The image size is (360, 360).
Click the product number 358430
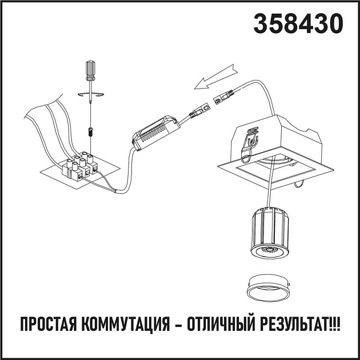pyautogui.click(x=298, y=24)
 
